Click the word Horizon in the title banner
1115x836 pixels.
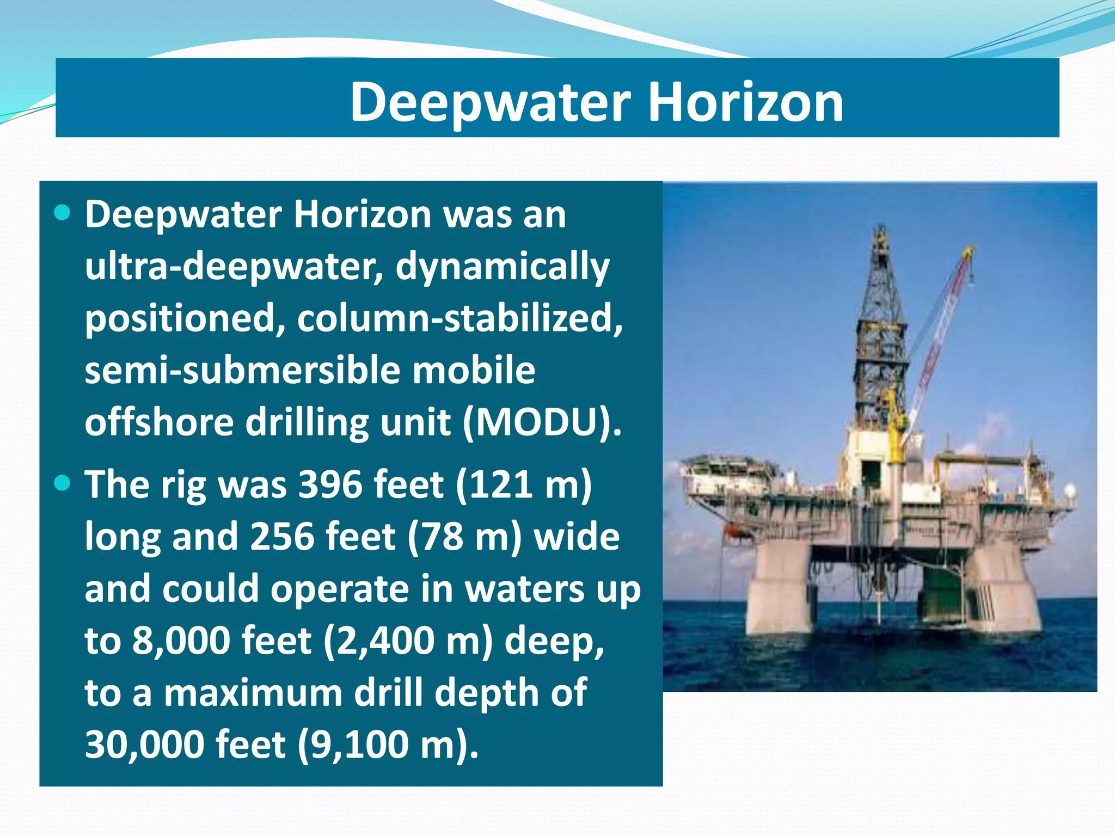745,102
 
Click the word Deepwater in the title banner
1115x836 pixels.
490,102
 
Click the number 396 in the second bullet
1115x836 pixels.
330,484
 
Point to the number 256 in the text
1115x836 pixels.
282,536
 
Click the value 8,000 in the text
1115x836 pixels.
182,640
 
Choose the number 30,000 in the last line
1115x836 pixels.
145,744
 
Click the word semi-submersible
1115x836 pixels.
243,370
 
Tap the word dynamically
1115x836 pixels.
502,266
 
